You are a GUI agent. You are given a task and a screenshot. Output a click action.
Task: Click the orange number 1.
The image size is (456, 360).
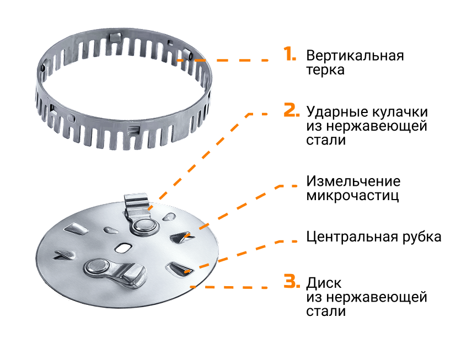289,53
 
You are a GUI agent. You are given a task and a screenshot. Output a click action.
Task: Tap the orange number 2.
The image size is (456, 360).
291,110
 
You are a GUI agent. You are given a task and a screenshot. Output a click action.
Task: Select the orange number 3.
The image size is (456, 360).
292,281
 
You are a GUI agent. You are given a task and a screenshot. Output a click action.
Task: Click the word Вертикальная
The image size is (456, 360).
355,55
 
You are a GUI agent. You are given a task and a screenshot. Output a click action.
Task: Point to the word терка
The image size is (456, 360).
325,70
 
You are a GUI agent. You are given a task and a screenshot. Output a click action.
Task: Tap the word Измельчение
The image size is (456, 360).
353,181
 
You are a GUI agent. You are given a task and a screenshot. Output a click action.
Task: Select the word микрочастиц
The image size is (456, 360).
352,195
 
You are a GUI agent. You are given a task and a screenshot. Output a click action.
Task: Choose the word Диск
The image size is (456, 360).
324,283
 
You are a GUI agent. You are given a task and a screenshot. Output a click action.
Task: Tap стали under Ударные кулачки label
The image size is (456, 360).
326,140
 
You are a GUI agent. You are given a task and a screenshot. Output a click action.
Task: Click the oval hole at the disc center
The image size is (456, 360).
123,248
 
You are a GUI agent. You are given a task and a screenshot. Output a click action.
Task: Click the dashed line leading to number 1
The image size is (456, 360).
222,60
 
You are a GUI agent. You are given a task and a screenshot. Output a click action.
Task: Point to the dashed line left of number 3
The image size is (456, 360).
229,287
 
